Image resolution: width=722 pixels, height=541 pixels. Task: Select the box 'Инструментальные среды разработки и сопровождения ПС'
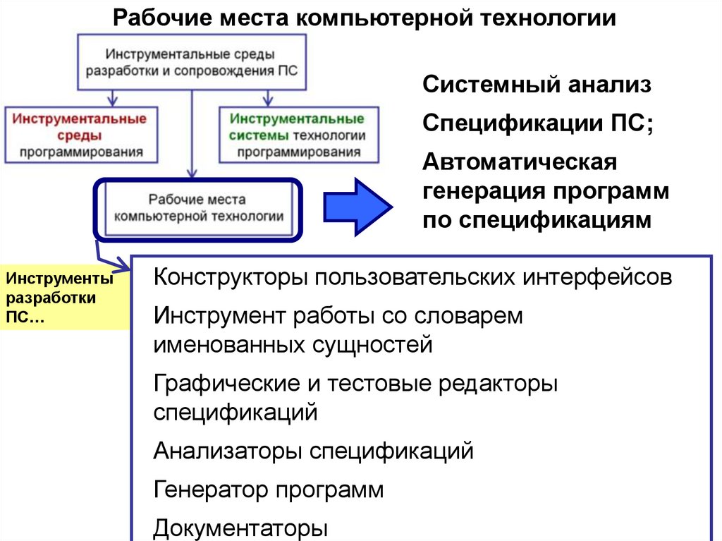pyautogui.click(x=190, y=61)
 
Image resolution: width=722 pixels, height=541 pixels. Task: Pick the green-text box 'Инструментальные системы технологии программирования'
pyautogui.click(x=297, y=134)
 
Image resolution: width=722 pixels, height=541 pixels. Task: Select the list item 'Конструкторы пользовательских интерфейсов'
pyautogui.click(x=412, y=276)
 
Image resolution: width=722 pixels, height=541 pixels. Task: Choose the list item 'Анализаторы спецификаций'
pyautogui.click(x=313, y=450)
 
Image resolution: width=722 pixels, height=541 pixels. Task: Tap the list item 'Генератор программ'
pyautogui.click(x=269, y=489)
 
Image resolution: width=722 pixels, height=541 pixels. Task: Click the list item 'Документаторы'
pyautogui.click(x=241, y=528)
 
